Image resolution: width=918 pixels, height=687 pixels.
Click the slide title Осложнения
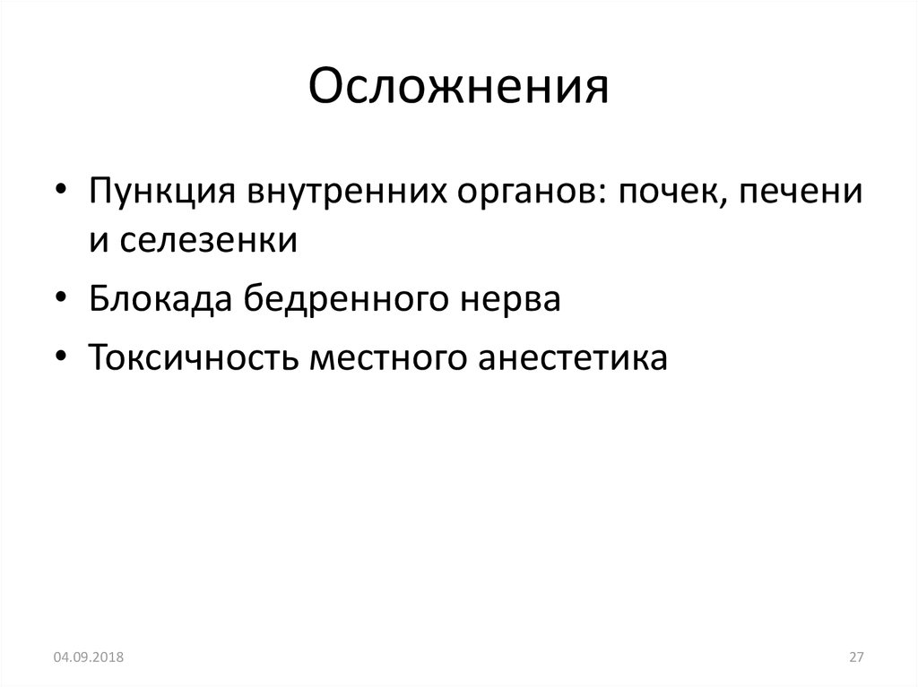click(x=458, y=89)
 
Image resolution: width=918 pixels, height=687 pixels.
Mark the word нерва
click(x=510, y=300)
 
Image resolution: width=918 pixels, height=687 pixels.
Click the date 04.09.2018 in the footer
click(x=88, y=658)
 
